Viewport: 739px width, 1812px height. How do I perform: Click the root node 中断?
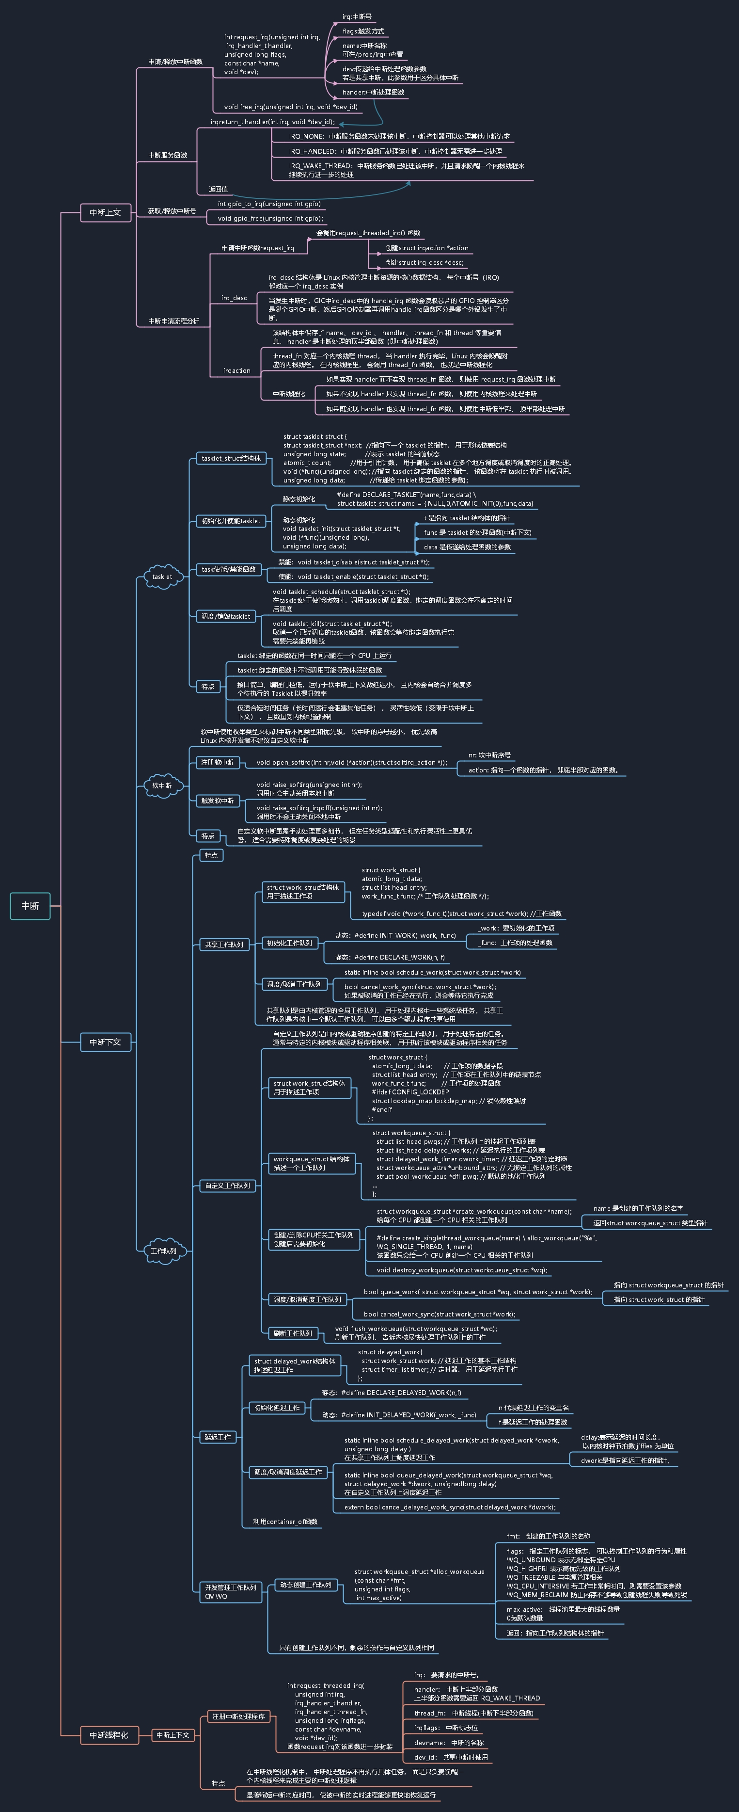point(30,906)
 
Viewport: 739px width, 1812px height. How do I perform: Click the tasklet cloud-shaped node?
point(162,577)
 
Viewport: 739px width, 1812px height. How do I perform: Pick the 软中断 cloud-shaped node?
point(162,786)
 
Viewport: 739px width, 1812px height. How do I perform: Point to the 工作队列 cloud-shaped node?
point(164,1251)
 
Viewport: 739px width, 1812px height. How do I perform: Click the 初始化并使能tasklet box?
point(231,521)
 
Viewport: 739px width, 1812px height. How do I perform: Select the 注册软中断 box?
point(217,763)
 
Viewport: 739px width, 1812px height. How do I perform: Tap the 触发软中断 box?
point(217,801)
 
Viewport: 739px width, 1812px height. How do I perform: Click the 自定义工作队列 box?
point(228,1185)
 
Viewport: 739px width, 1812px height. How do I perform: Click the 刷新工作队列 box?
point(293,1333)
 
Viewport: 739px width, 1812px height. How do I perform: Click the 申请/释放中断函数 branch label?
point(175,62)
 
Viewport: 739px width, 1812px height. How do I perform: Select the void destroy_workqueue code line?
point(461,1270)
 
